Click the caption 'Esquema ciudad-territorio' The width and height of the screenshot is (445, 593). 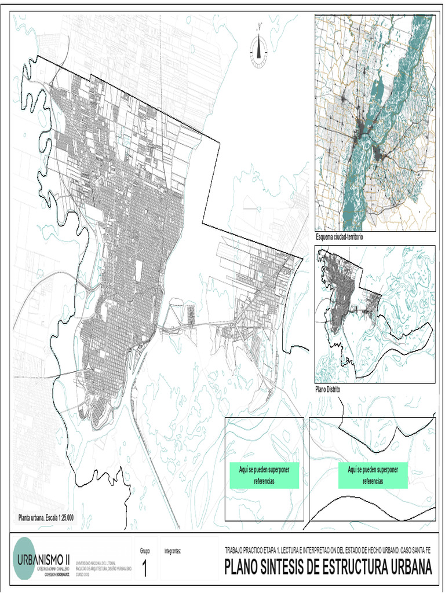click(x=342, y=237)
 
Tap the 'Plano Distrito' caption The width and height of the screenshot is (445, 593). click(x=328, y=390)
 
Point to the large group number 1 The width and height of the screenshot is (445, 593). click(x=144, y=569)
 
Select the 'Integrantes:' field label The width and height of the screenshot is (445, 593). click(x=173, y=551)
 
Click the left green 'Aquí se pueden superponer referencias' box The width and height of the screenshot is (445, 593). click(x=264, y=475)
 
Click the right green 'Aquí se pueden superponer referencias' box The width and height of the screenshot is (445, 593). click(x=373, y=475)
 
